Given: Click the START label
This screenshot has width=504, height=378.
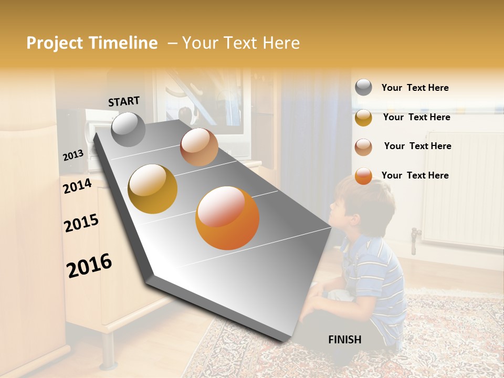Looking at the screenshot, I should coord(124,101).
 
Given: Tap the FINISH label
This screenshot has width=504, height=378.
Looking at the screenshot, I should coord(344,340).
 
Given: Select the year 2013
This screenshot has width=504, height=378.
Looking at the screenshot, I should coord(73,155).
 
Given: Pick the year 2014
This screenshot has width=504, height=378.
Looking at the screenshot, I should coord(77,186).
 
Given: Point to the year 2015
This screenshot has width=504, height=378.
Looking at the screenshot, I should coord(81,223).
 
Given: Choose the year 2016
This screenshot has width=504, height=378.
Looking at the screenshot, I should coord(89,265).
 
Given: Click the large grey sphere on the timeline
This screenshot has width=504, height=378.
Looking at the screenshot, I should coord(128,129).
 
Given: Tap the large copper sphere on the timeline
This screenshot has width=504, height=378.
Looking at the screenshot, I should coord(199,147).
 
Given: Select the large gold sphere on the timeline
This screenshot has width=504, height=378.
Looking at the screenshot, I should coord(153,188).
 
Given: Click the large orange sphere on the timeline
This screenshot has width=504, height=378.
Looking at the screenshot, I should coord(227,218).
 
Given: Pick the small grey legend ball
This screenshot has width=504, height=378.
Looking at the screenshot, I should coord(363,88).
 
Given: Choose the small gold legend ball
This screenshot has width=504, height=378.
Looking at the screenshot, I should coord(363,118).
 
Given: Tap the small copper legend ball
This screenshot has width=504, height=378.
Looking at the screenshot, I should coord(363,146).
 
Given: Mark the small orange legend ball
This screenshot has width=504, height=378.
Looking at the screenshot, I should coord(363,176).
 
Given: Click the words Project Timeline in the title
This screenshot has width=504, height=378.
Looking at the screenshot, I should coord(92,43).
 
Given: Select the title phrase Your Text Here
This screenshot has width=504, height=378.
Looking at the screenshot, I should coord(241,43).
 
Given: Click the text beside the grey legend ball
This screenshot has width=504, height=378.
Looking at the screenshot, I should coord(415,88).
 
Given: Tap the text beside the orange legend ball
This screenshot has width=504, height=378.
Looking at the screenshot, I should coord(415,175).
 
